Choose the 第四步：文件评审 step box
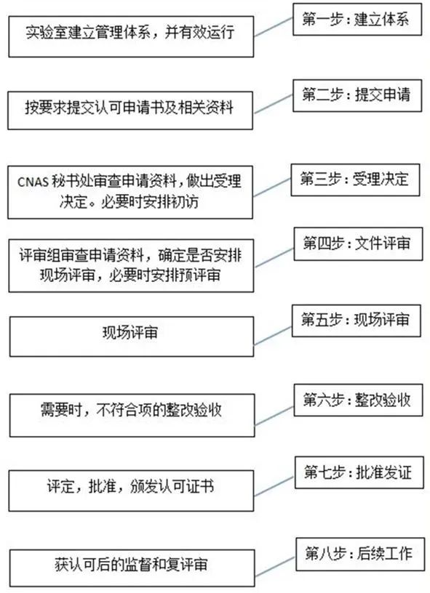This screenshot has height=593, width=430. [357, 243]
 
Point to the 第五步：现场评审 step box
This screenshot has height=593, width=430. [357, 319]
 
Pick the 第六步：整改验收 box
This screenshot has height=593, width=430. [357, 400]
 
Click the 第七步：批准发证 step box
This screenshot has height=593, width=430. [357, 473]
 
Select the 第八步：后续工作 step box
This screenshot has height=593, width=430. [357, 553]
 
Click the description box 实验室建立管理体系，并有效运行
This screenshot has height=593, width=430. [131, 33]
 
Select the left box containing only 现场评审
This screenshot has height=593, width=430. [131, 335]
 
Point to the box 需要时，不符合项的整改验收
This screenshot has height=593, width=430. [131, 411]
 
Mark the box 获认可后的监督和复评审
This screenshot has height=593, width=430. [131, 565]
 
